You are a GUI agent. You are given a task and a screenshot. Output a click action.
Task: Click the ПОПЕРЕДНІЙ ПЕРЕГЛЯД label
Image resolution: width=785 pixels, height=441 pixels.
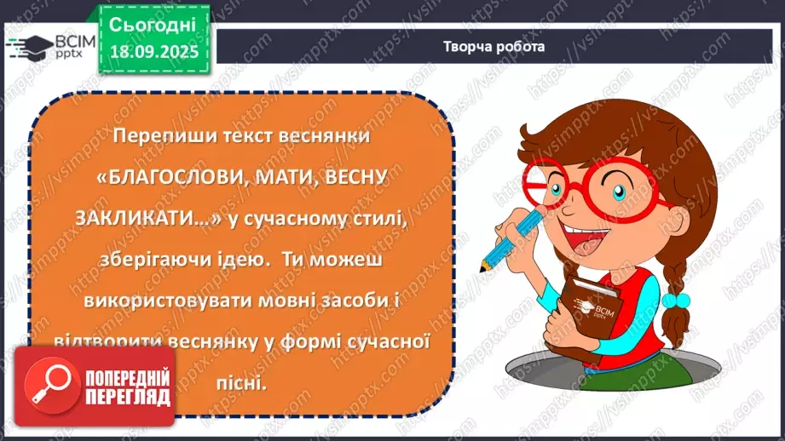(127, 388)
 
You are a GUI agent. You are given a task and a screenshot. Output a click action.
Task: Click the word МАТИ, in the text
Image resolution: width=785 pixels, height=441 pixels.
(278, 177)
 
